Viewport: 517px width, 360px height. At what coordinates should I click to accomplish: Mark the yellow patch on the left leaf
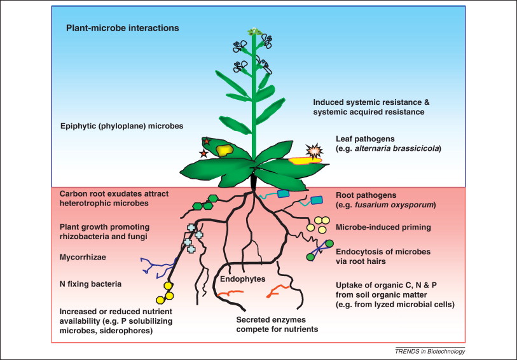[x=224, y=150]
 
